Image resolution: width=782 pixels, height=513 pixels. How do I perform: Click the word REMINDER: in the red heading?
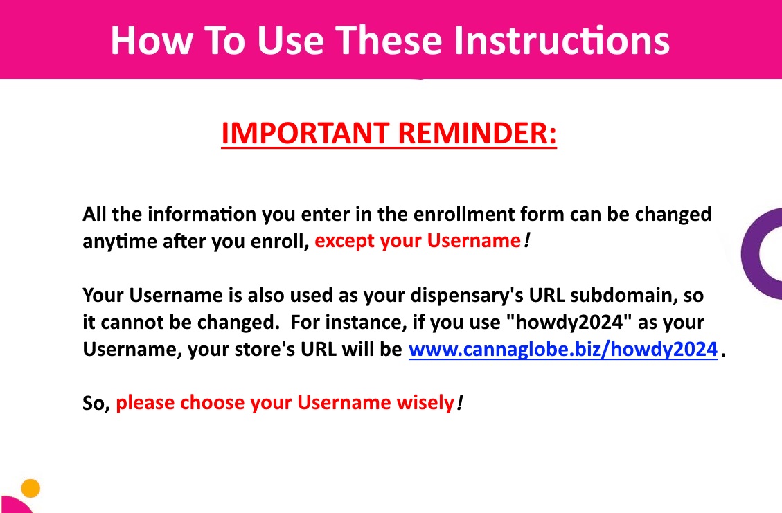477,133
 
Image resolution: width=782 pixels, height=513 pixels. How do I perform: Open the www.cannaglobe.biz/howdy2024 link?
563,349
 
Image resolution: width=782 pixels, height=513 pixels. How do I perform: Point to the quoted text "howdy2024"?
569,322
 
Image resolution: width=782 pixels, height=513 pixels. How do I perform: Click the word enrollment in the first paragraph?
464,214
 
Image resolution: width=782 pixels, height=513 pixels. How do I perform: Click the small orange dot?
30,488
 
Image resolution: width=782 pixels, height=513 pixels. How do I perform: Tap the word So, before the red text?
96,403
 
